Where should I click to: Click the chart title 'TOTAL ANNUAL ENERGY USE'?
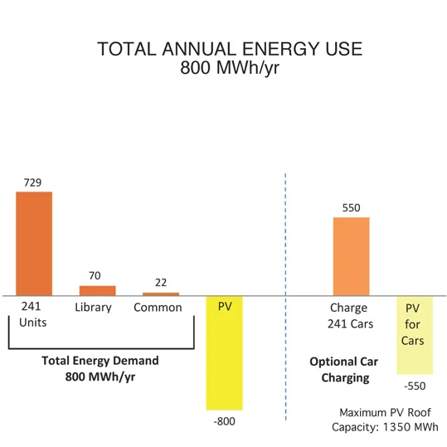(x=230, y=49)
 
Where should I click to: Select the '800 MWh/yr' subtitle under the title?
(x=230, y=69)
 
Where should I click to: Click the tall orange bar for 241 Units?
(x=34, y=243)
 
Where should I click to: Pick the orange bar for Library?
(x=97, y=290)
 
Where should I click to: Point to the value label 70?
(x=97, y=276)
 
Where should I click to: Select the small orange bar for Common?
(x=161, y=294)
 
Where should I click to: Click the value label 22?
(x=161, y=283)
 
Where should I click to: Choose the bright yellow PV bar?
(x=225, y=357)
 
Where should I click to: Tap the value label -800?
(x=225, y=422)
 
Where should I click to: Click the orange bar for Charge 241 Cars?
(x=351, y=255)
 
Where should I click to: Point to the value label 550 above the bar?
(x=351, y=208)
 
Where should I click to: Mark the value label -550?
(x=415, y=386)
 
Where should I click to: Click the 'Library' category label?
(x=93, y=308)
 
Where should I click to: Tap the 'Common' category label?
(x=158, y=308)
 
